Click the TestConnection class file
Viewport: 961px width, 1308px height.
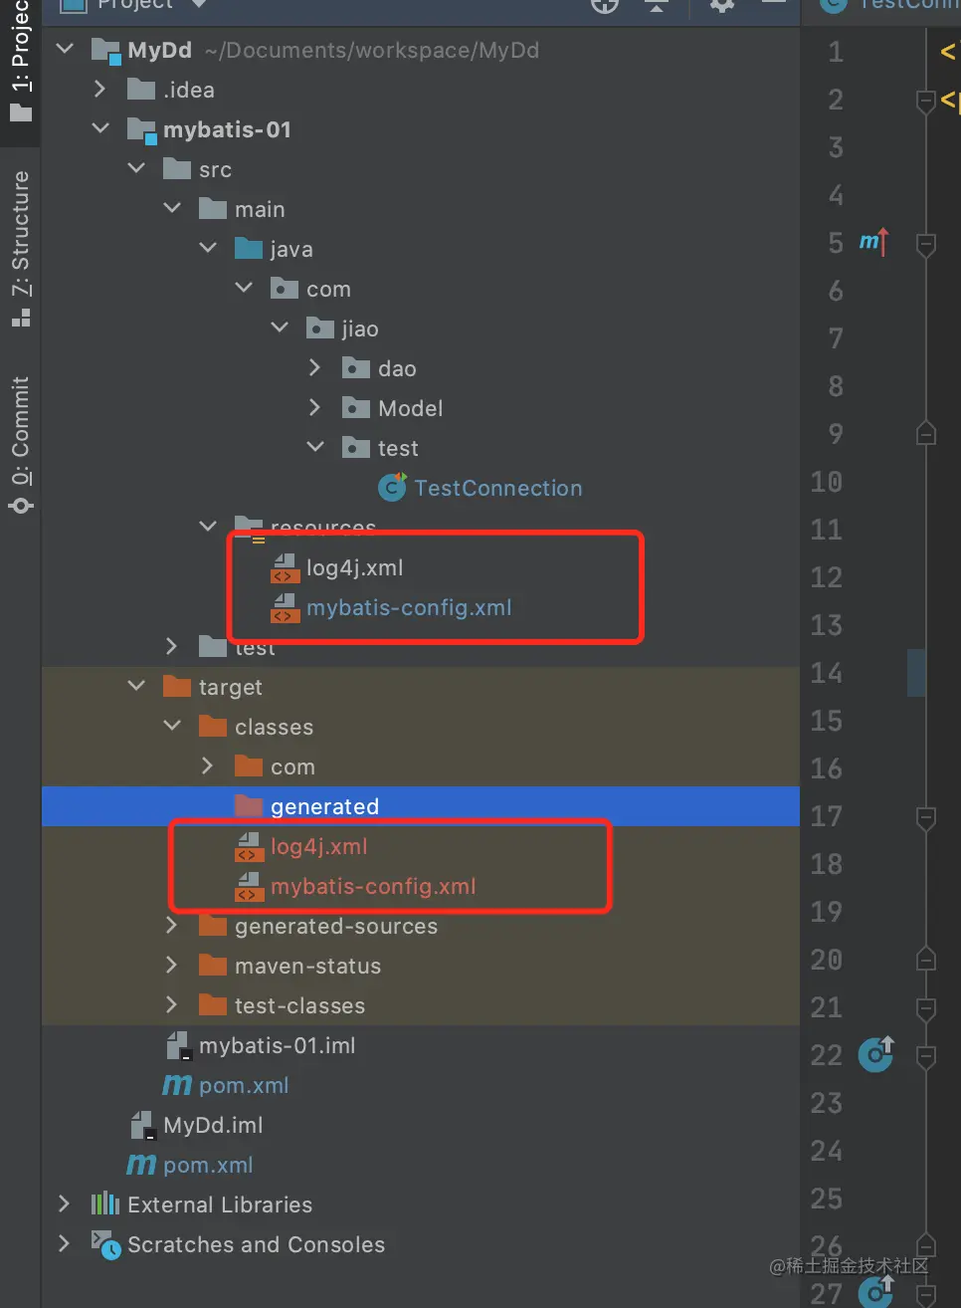[x=497, y=488]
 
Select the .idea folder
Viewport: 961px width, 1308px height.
[x=188, y=90]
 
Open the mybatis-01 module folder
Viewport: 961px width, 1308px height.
[x=227, y=129]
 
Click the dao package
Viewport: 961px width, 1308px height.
[x=396, y=368]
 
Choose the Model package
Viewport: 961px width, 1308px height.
[x=410, y=408]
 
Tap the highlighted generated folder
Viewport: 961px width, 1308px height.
[x=324, y=806]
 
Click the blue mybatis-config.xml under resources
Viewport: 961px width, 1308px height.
[x=408, y=607]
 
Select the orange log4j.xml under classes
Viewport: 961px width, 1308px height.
[x=318, y=846]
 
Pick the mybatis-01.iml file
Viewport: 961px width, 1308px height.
[x=277, y=1045]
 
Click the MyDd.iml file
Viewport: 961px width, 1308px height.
[x=213, y=1125]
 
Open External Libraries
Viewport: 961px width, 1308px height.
[x=219, y=1204]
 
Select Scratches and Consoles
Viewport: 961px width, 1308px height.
[x=256, y=1244]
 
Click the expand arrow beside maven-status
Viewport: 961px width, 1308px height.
[x=171, y=966]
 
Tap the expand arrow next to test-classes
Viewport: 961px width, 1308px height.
[x=171, y=1005]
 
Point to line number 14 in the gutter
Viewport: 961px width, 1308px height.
[x=826, y=673]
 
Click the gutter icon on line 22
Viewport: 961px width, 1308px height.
[x=875, y=1054]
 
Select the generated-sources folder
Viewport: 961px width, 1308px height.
[x=335, y=926]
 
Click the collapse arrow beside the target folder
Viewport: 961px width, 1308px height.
[x=136, y=687]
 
